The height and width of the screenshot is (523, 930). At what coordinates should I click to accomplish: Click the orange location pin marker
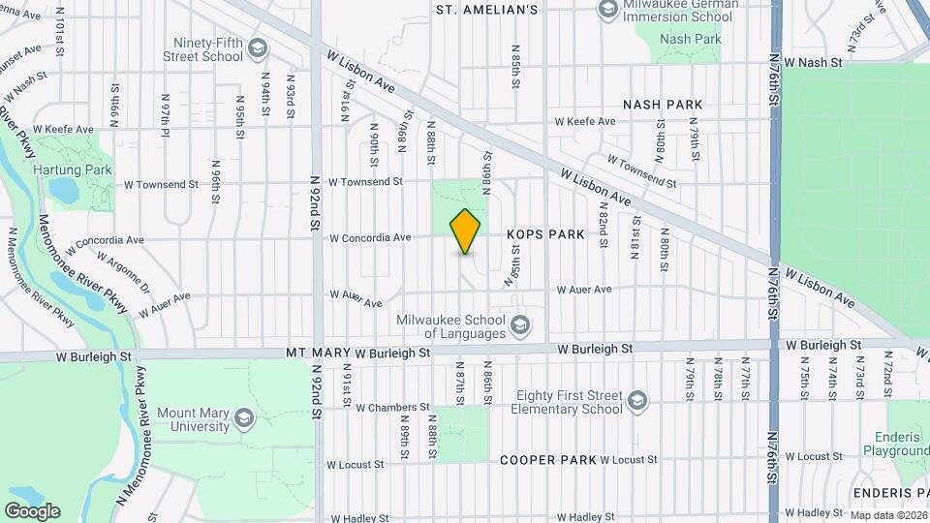466,231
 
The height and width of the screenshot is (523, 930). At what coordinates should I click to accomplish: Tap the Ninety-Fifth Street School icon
258,47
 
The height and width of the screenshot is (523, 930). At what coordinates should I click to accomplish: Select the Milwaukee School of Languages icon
520,323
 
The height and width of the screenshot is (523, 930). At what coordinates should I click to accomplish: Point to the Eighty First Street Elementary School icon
636,400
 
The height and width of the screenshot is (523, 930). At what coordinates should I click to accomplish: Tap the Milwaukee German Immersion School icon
607,11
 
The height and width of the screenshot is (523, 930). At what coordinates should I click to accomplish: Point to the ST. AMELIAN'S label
486,10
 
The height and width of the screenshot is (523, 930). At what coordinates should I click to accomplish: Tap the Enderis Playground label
896,444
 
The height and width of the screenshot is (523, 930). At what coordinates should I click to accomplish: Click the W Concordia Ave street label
371,237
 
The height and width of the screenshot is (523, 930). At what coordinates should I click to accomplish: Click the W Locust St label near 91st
356,465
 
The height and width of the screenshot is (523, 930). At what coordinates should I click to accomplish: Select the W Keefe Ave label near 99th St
63,128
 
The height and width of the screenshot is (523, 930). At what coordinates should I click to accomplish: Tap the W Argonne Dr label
123,271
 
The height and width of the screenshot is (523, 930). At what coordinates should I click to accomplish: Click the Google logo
31,510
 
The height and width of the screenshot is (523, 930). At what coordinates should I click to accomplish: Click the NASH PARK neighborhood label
663,104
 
